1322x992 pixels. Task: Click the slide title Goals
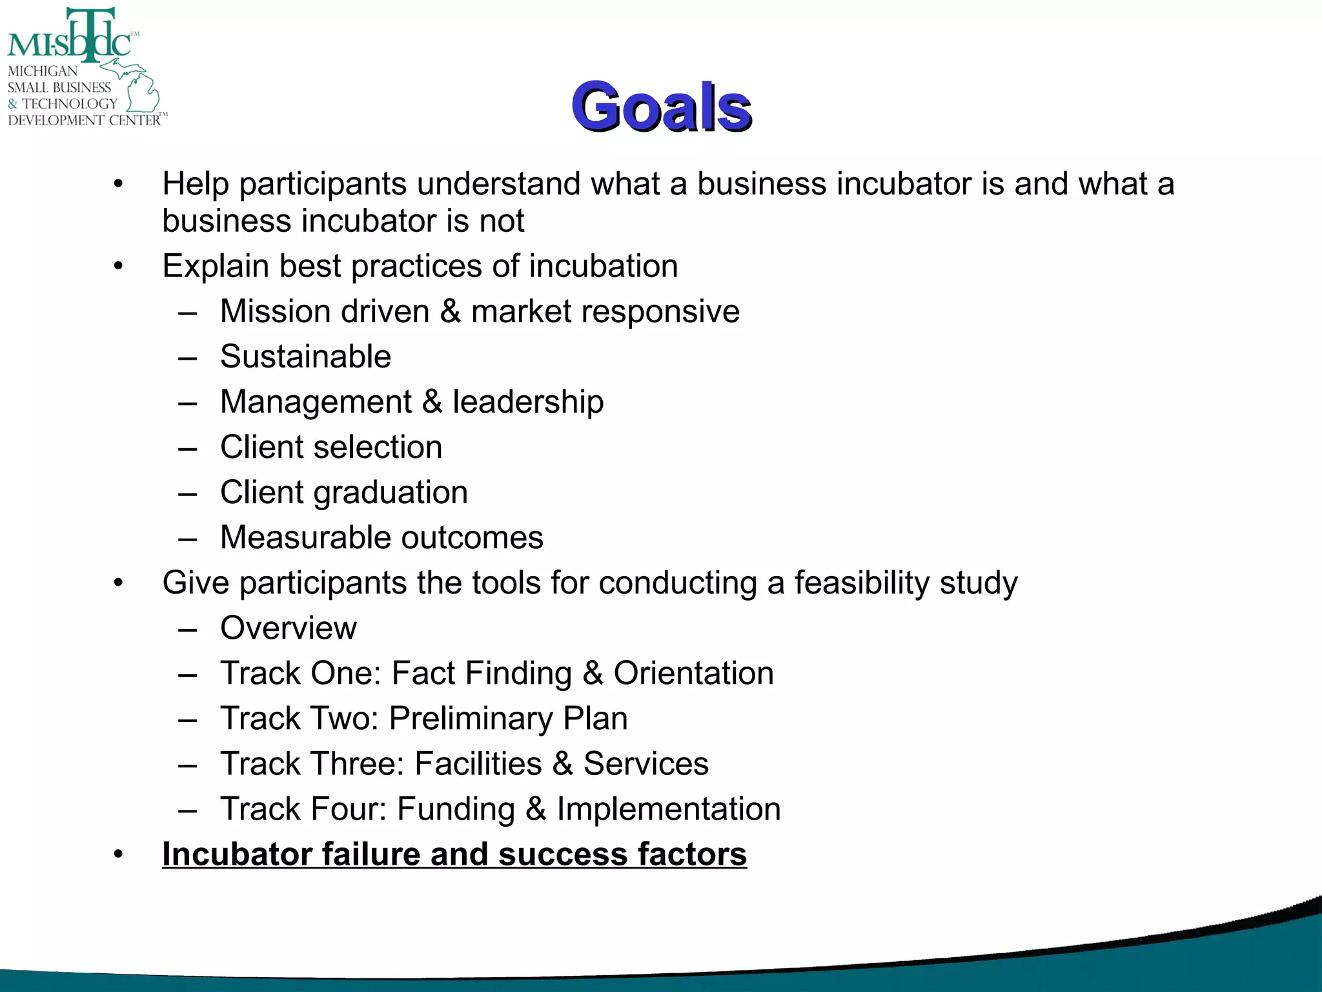(x=661, y=107)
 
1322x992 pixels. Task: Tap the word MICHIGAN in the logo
(x=43, y=71)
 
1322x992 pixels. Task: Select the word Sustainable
(x=305, y=356)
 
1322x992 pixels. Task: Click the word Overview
(x=288, y=628)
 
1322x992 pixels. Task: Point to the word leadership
(x=528, y=402)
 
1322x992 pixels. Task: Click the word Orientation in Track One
(x=693, y=673)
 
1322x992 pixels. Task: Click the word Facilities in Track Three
(x=478, y=763)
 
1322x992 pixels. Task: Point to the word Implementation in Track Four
(x=669, y=809)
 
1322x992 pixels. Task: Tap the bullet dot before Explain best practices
(x=118, y=267)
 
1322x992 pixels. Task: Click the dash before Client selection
(x=188, y=448)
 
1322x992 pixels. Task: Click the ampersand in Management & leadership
(x=432, y=402)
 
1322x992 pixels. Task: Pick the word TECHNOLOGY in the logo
(x=70, y=103)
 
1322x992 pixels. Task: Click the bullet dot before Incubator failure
(x=118, y=855)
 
